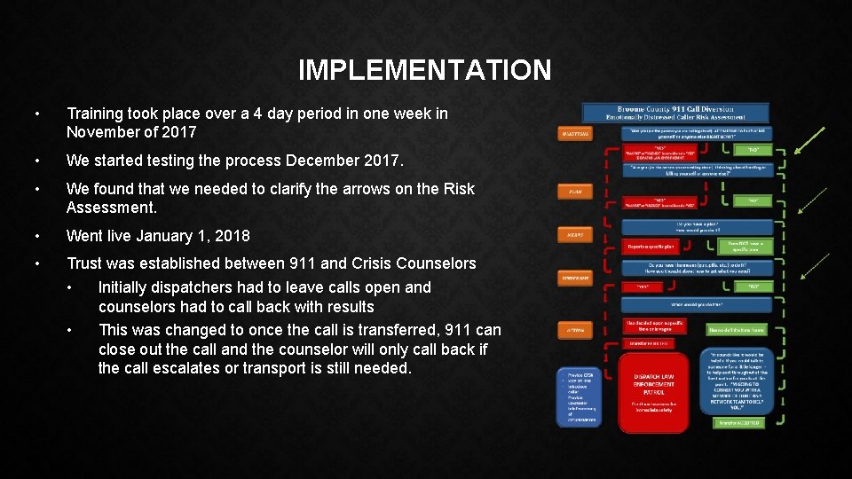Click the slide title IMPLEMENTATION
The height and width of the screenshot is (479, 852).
(424, 70)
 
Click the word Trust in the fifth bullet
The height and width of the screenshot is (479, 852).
(84, 263)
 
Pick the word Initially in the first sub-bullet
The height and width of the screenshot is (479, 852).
(128, 287)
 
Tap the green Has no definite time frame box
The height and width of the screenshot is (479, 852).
(737, 329)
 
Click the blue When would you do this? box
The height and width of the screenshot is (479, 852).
(698, 304)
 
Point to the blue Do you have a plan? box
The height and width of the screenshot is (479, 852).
(698, 227)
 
